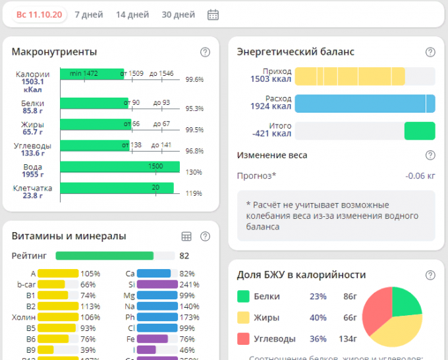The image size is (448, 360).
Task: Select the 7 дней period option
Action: coord(88,15)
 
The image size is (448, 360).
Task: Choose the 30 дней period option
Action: coord(178,15)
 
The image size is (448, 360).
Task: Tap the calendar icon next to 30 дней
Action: coord(213,15)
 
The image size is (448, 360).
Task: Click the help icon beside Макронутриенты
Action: coord(205,52)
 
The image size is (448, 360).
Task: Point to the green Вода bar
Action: coord(119,167)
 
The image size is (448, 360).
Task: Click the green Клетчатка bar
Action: coord(117,189)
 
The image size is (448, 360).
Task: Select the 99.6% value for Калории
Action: coord(194,80)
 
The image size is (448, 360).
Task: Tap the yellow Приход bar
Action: coord(349,76)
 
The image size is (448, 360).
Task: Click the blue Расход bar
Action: coord(364,104)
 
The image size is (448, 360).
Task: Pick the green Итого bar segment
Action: coord(420,131)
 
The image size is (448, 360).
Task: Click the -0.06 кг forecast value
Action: coord(420,176)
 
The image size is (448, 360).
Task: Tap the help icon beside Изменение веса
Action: coord(430,156)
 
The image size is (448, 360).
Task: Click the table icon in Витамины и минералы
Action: coord(186,236)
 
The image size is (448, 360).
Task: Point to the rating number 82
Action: coord(184,256)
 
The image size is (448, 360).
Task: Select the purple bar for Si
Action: coord(157,285)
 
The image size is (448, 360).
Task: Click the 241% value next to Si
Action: coord(189,285)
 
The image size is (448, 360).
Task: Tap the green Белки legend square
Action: coord(243,297)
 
